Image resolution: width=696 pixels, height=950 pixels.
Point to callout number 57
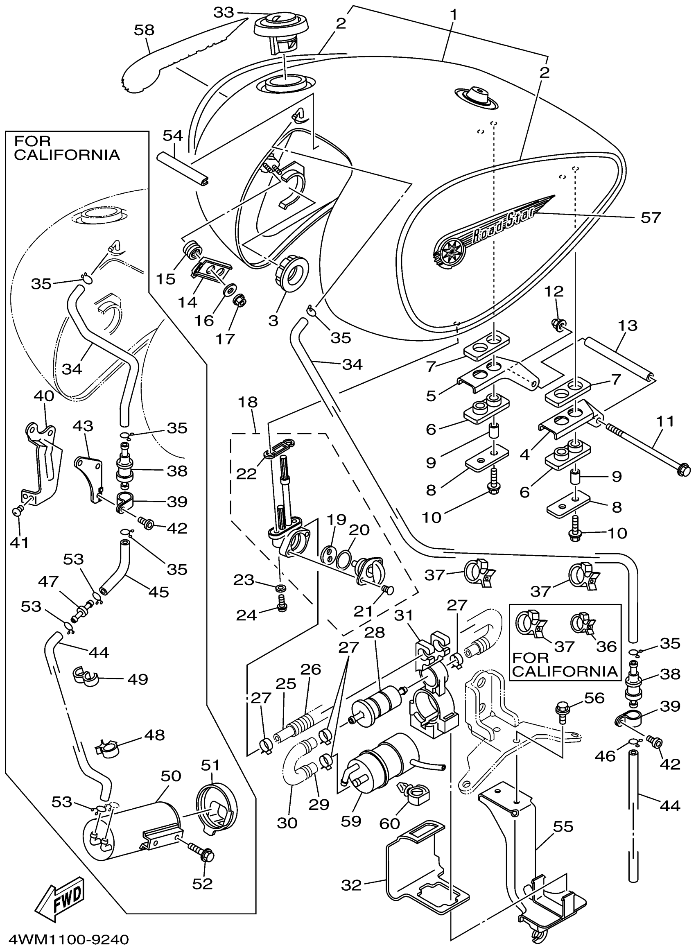click(x=651, y=218)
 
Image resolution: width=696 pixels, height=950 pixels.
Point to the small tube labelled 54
click(x=185, y=169)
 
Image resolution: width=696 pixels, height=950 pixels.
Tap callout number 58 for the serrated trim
click(x=145, y=30)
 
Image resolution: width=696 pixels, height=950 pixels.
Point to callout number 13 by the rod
click(x=628, y=326)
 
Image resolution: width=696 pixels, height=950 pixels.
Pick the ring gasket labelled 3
click(x=292, y=274)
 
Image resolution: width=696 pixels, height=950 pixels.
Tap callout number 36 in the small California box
click(x=607, y=646)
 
